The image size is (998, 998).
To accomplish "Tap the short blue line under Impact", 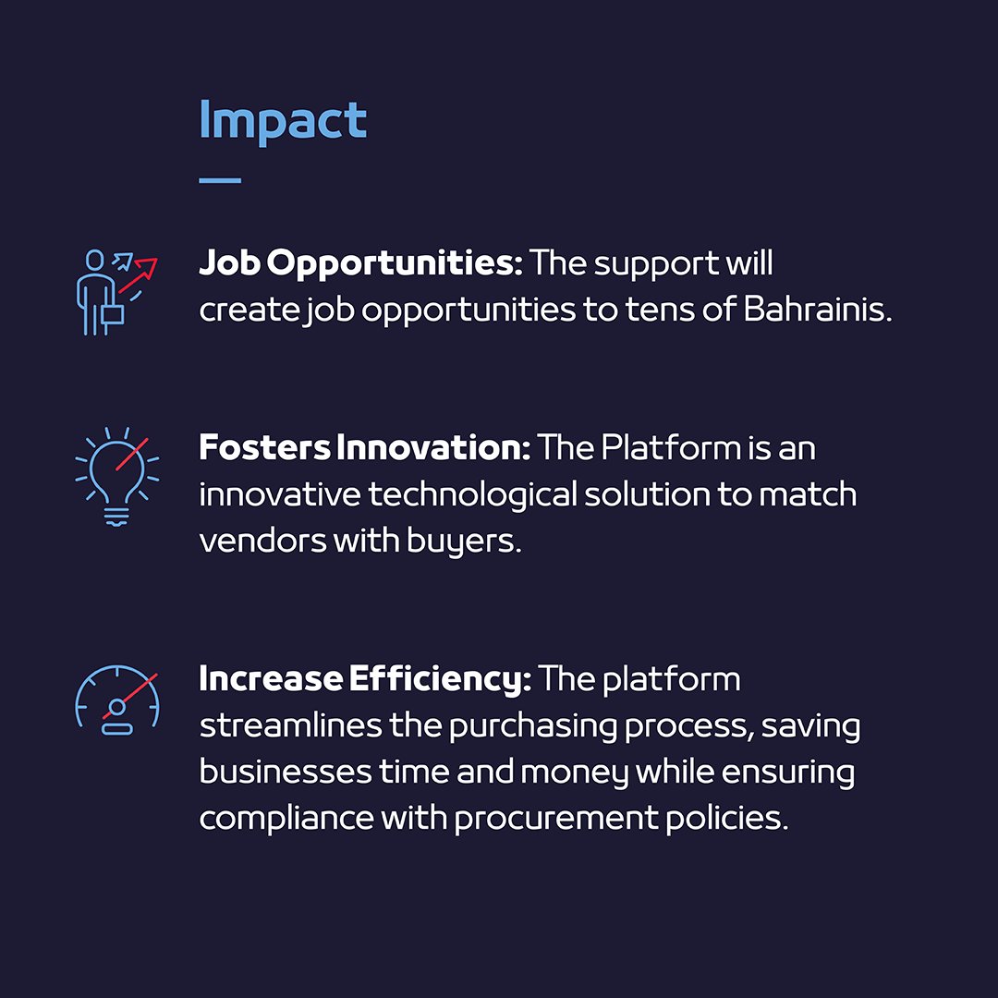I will click(x=220, y=180).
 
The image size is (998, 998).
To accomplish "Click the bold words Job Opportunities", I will click(x=360, y=264).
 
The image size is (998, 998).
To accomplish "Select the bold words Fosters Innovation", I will click(x=364, y=449).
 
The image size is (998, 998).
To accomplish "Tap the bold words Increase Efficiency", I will click(x=365, y=680).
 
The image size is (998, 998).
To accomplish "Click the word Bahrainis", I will click(x=818, y=310).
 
